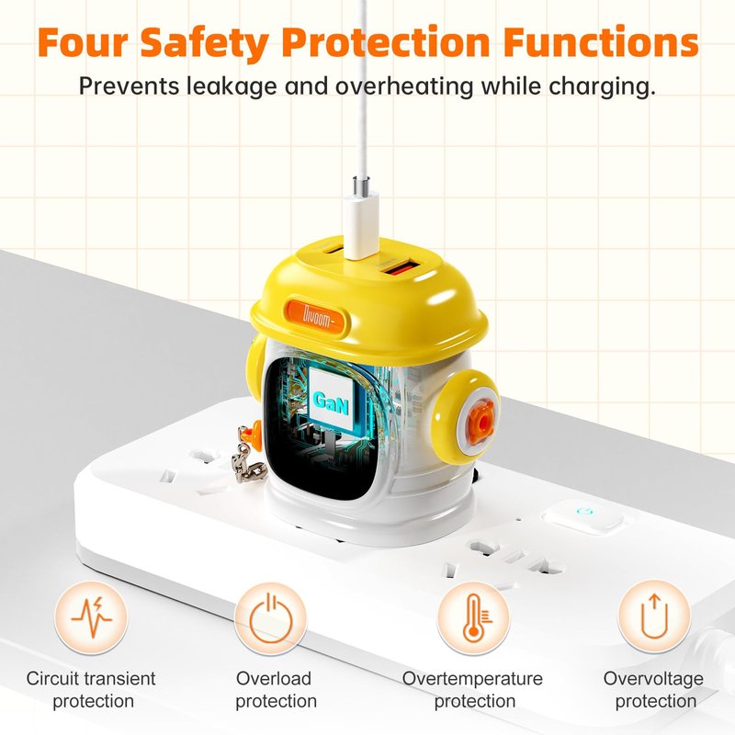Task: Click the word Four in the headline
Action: click(x=83, y=42)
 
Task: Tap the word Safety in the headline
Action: click(x=204, y=44)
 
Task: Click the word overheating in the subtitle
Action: click(x=404, y=86)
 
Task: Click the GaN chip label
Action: click(x=331, y=401)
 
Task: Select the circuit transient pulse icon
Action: click(x=91, y=617)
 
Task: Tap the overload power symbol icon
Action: click(x=270, y=618)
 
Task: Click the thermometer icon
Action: click(x=473, y=618)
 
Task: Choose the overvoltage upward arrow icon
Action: click(x=654, y=616)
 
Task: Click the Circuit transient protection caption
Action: click(x=91, y=690)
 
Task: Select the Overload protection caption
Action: click(x=275, y=690)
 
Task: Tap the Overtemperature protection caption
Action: click(x=472, y=690)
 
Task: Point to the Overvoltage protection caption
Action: click(x=653, y=690)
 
